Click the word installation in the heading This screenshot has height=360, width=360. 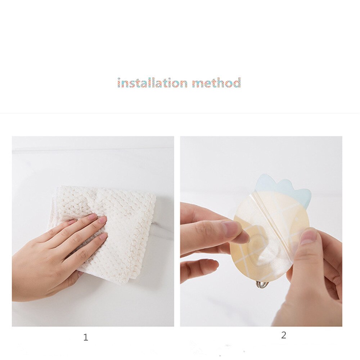coord(152,83)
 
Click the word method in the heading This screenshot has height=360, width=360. coord(216,83)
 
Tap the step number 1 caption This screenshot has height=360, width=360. coord(86,337)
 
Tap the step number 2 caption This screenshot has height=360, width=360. coord(284,335)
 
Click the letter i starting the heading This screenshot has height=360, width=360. coord(119,83)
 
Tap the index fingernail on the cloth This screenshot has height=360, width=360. coord(93,216)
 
